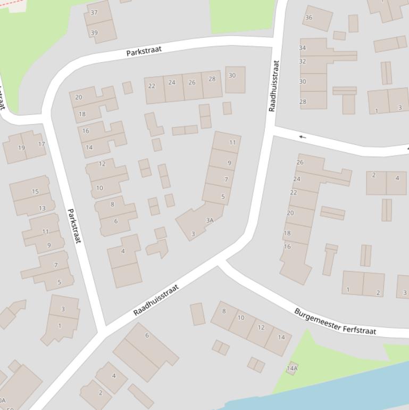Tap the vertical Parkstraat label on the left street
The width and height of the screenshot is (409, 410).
(74, 226)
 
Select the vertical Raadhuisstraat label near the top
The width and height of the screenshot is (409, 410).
(274, 85)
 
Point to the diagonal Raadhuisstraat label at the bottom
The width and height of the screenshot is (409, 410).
(156, 300)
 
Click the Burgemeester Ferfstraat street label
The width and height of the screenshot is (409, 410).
(335, 321)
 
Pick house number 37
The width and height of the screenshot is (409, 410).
(94, 12)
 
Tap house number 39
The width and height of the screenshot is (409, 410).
(94, 32)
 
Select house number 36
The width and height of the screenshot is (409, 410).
(308, 17)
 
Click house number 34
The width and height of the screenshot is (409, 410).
(303, 48)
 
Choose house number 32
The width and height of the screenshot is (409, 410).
(303, 62)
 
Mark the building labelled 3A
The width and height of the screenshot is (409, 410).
(210, 220)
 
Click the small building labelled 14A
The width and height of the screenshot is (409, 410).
(292, 368)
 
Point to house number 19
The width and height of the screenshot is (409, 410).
(22, 148)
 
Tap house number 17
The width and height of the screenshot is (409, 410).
(41, 144)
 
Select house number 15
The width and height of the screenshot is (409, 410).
(35, 192)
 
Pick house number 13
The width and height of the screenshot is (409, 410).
(42, 208)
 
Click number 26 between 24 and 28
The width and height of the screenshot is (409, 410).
(192, 83)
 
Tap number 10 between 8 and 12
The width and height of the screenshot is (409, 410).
(241, 318)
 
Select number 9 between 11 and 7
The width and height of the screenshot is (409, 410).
(229, 163)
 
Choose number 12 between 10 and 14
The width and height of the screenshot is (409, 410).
(261, 327)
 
